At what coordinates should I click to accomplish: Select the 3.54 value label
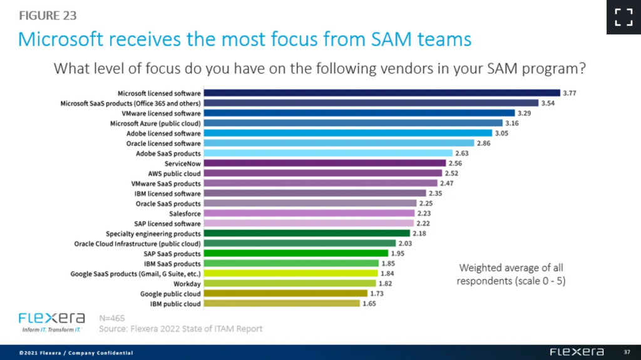click(x=549, y=103)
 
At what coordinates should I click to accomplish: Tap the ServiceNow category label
click(x=182, y=163)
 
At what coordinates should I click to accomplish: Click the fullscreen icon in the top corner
click(x=623, y=17)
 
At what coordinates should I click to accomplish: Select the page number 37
click(x=627, y=352)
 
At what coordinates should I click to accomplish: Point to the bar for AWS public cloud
click(x=322, y=173)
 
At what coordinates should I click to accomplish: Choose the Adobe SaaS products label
click(x=168, y=153)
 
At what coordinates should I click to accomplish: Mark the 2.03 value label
click(x=405, y=244)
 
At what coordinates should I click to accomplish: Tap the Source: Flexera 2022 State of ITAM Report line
click(x=181, y=329)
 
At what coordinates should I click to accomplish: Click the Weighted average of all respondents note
click(x=511, y=274)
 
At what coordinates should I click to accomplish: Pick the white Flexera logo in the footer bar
click(x=577, y=352)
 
